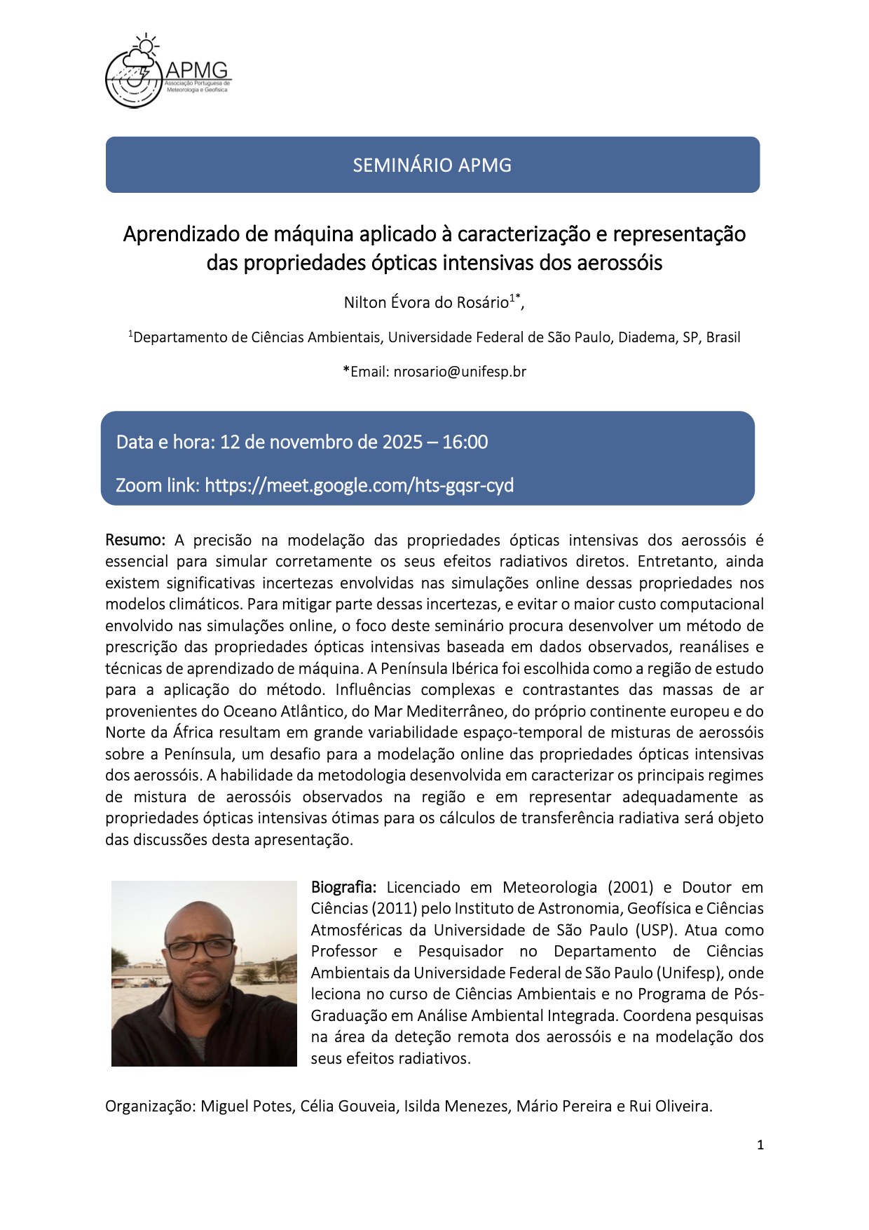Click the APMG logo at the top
click(x=167, y=72)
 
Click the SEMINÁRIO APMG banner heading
click(x=432, y=165)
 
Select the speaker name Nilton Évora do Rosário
click(x=426, y=302)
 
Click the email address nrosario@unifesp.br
click(x=460, y=372)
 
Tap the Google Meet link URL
click(x=359, y=485)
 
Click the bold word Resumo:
click(x=135, y=540)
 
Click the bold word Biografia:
click(x=343, y=887)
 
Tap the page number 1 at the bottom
click(x=760, y=1145)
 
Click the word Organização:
click(x=150, y=1106)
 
